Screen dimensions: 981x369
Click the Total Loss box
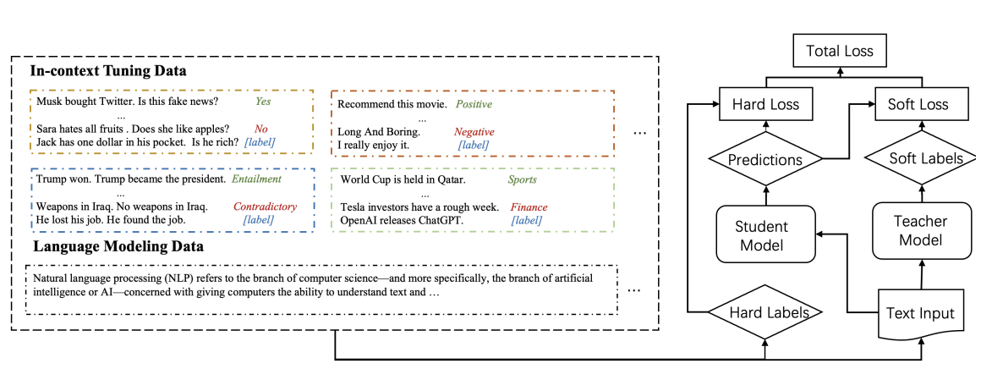pyautogui.click(x=840, y=51)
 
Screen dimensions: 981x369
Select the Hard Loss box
pyautogui.click(x=765, y=104)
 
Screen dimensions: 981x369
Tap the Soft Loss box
pyautogui.click(x=918, y=104)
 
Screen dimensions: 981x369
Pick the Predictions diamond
pyautogui.click(x=765, y=159)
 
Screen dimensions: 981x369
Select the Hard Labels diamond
pyautogui.click(x=765, y=311)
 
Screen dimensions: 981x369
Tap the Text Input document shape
pyautogui.click(x=922, y=313)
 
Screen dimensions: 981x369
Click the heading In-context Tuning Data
pyautogui.click(x=107, y=71)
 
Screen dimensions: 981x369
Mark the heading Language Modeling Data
pyautogui.click(x=118, y=246)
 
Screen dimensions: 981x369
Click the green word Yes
pyautogui.click(x=263, y=102)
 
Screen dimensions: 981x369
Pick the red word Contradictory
pyautogui.click(x=266, y=207)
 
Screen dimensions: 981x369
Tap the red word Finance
pyautogui.click(x=529, y=207)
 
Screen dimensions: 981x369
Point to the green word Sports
pyautogui.click(x=522, y=180)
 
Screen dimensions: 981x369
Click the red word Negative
pyautogui.click(x=474, y=132)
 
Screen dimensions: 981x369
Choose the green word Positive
pyautogui.click(x=474, y=104)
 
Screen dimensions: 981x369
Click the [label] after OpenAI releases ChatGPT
pyautogui.click(x=526, y=221)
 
